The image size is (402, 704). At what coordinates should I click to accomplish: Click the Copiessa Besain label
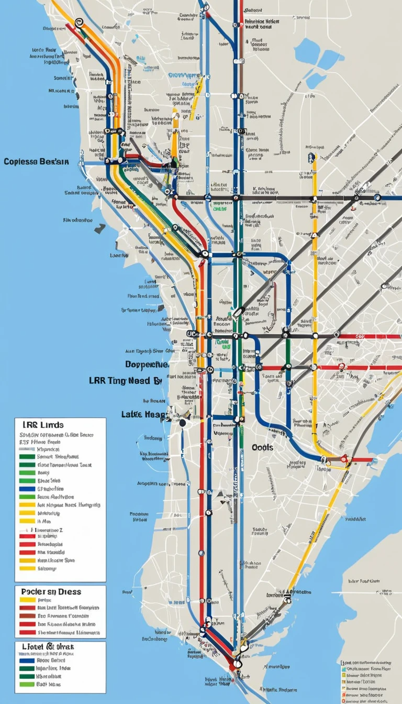click(x=36, y=162)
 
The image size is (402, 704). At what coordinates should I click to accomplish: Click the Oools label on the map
click(x=263, y=447)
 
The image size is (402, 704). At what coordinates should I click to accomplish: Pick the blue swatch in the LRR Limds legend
click(x=27, y=489)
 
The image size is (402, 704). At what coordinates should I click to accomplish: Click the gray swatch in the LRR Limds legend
click(x=27, y=449)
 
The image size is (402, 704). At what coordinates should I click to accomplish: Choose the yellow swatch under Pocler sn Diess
click(x=27, y=600)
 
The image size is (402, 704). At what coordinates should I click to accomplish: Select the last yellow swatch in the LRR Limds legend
click(x=27, y=568)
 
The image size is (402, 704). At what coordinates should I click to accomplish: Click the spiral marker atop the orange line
click(x=79, y=22)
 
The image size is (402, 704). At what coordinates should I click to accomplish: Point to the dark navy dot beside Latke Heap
click(x=182, y=423)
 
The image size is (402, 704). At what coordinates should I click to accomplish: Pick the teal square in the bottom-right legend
click(x=343, y=669)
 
